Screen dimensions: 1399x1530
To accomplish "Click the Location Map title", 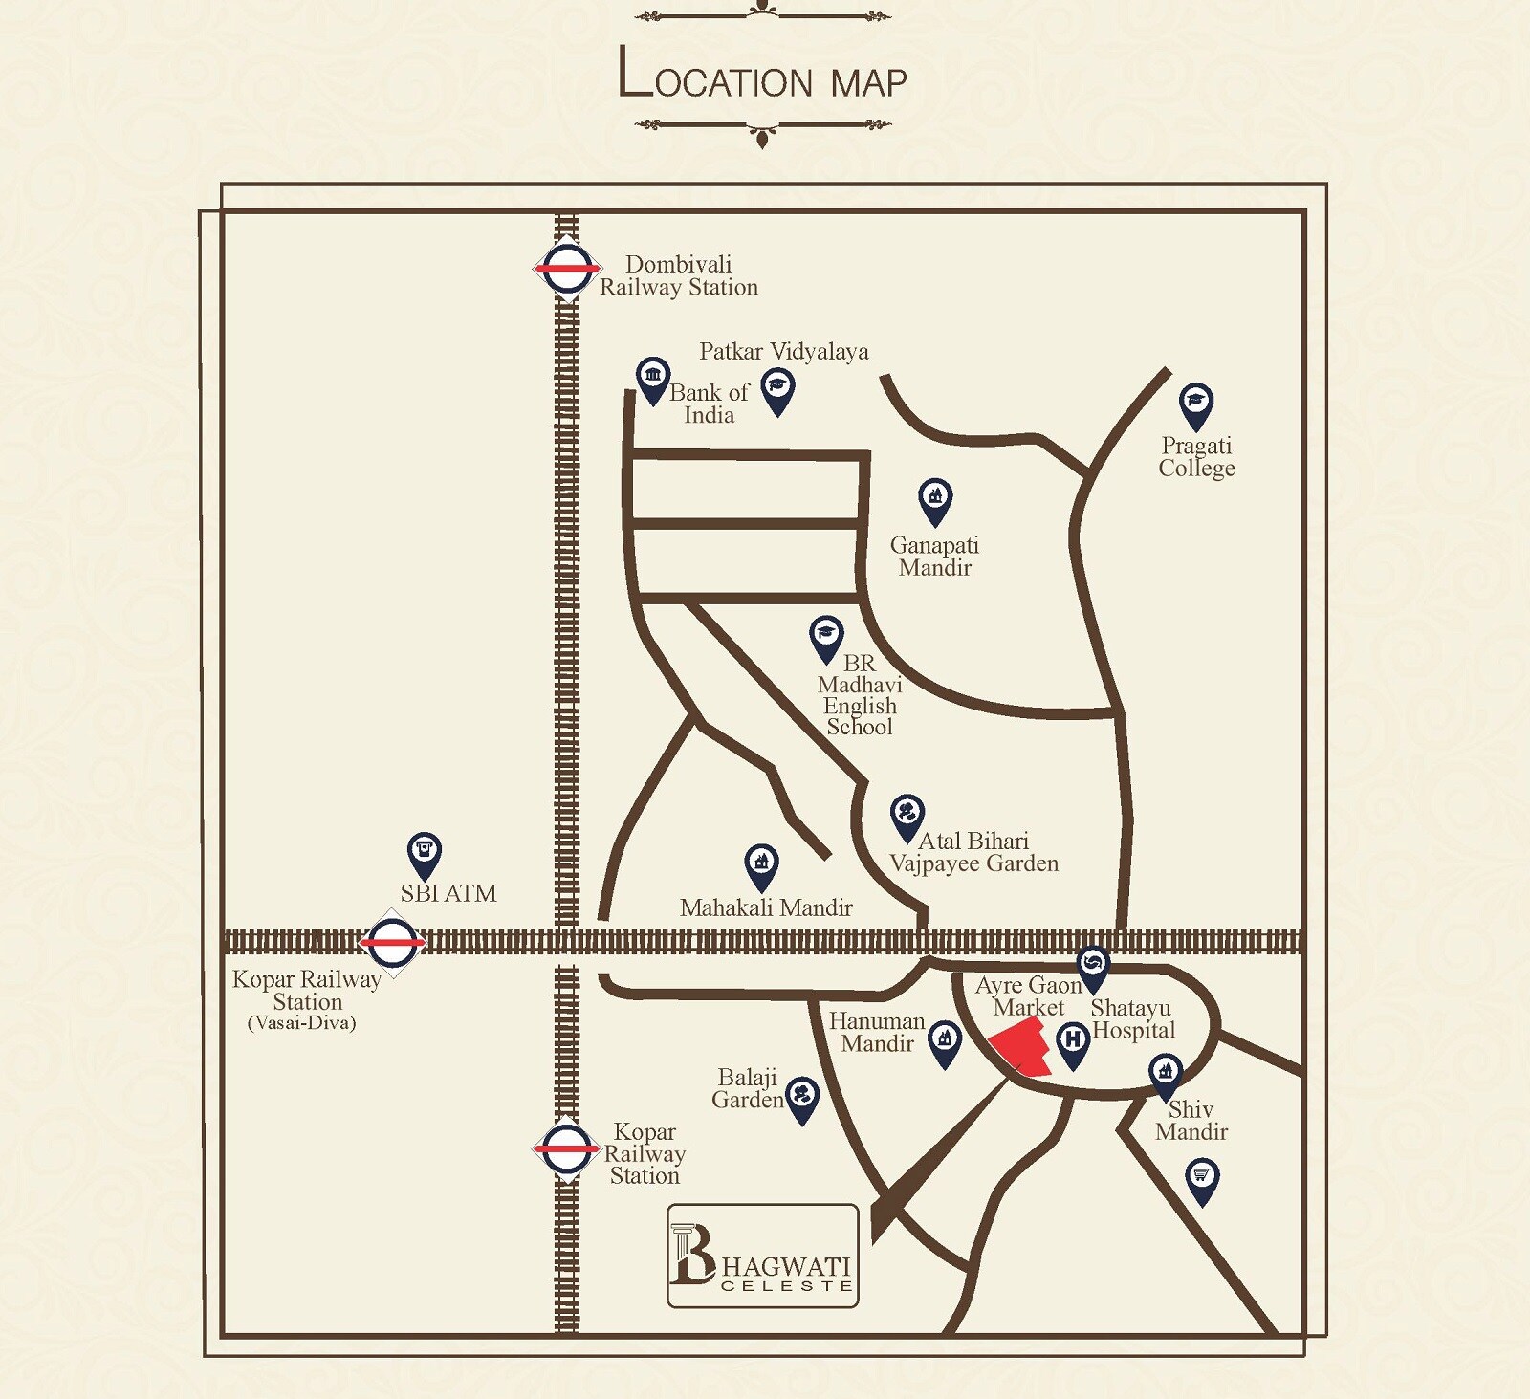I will click(762, 76).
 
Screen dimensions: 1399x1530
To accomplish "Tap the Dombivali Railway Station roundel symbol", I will click(567, 269).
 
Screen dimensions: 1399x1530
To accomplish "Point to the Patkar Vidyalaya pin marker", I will click(778, 390).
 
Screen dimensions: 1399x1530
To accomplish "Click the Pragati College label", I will click(1196, 457).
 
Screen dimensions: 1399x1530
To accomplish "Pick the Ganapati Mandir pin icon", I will click(935, 499).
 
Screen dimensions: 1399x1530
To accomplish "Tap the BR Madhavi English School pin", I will click(826, 637).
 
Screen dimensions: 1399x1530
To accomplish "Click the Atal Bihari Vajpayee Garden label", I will click(973, 852).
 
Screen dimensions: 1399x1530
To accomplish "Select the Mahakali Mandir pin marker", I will click(761, 865).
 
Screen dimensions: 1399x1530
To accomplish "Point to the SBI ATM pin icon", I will click(425, 853).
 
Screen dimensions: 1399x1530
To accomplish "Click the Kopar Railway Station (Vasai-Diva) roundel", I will click(392, 942).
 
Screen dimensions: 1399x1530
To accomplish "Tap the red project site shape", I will click(1022, 1046).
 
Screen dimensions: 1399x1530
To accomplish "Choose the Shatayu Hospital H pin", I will click(1073, 1042).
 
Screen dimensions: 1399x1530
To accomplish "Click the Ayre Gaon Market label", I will click(1029, 995).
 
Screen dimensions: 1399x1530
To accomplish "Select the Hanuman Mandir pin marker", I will click(945, 1040).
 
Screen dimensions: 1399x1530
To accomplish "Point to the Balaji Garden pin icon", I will click(801, 1096).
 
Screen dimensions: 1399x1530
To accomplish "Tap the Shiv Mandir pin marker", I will click(1165, 1075).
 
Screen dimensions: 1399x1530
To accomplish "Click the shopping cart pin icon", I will click(1202, 1178).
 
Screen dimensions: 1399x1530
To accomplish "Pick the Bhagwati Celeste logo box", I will click(762, 1256).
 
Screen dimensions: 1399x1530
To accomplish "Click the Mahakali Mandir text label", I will click(766, 907).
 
